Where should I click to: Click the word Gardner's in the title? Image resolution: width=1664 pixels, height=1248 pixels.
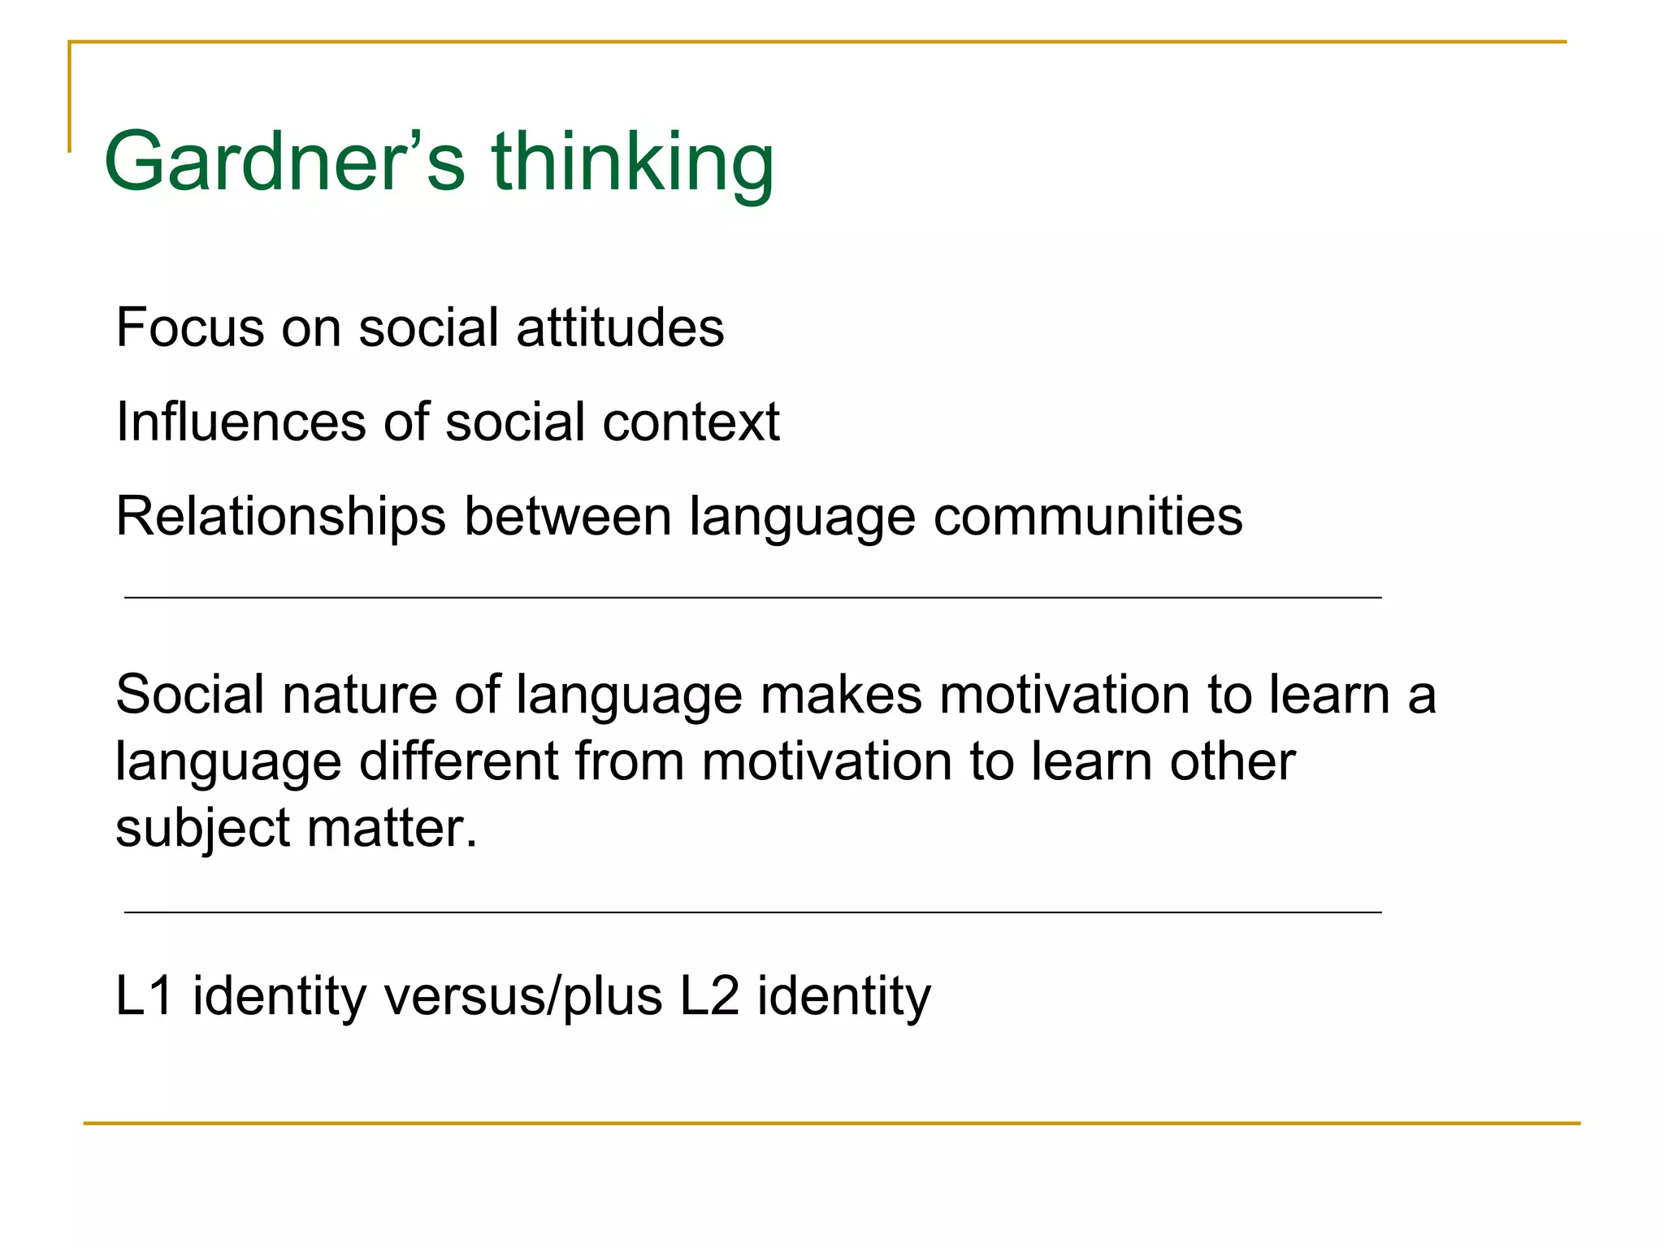[x=284, y=162]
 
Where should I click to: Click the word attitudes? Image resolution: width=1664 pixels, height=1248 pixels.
[x=620, y=327]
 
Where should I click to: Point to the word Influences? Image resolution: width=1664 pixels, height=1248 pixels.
[x=240, y=422]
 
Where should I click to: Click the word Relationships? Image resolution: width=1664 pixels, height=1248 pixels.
[x=281, y=517]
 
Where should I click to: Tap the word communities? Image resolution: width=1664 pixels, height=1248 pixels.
[x=1088, y=517]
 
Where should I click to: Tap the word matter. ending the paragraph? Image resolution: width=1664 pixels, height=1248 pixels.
[x=392, y=829]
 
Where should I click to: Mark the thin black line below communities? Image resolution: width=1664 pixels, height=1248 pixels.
[x=752, y=598]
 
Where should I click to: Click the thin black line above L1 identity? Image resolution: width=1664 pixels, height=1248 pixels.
[x=752, y=912]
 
